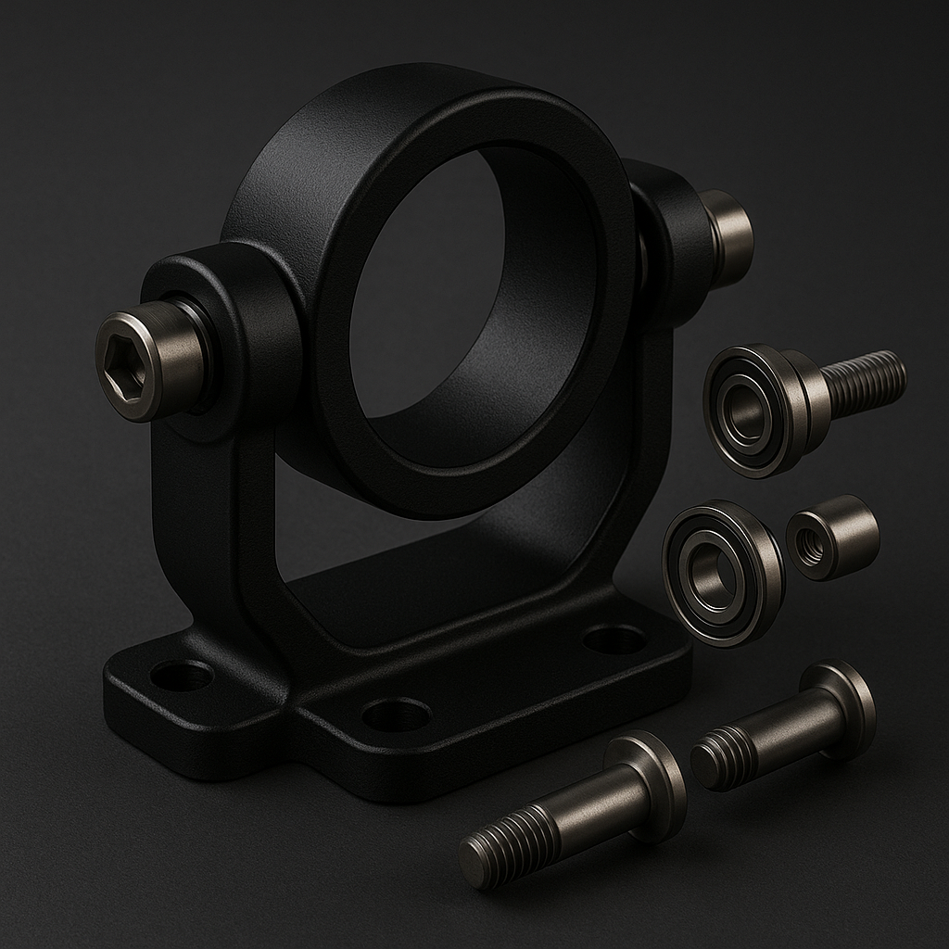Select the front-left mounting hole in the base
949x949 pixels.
[182, 675]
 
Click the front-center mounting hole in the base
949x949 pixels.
[396, 715]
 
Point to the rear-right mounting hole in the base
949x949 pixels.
[614, 639]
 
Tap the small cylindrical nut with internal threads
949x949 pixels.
[831, 538]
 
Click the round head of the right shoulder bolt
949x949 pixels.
[843, 709]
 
